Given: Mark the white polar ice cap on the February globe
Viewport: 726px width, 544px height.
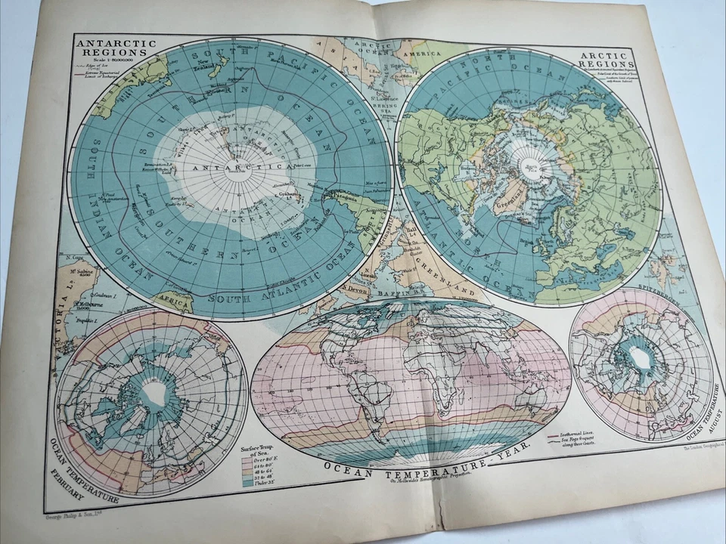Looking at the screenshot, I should coord(155,391).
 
